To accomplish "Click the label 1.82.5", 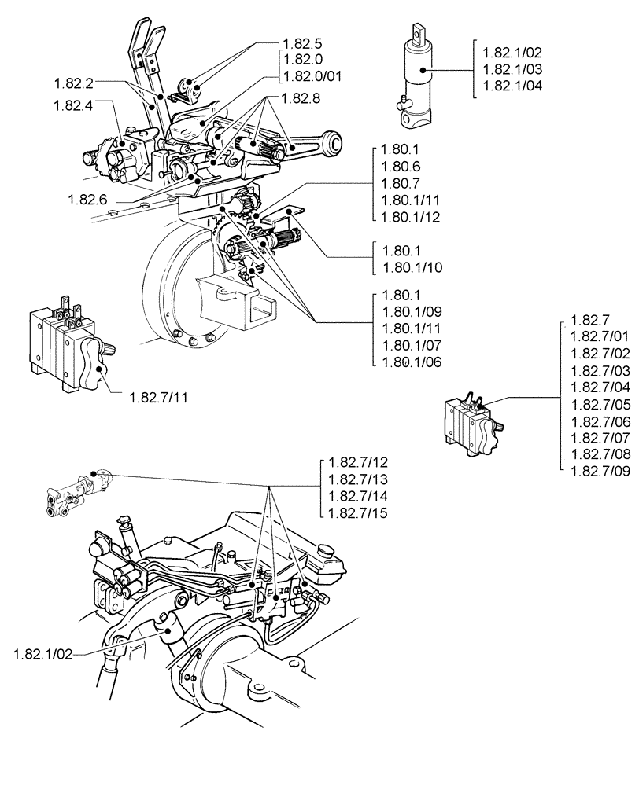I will click(x=301, y=42).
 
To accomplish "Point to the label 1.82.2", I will click(x=76, y=82).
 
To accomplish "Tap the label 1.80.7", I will click(x=400, y=182).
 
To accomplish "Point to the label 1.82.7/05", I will click(x=600, y=405).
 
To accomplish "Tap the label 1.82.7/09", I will click(x=600, y=471).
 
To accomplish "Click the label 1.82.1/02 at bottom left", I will click(x=42, y=653).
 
